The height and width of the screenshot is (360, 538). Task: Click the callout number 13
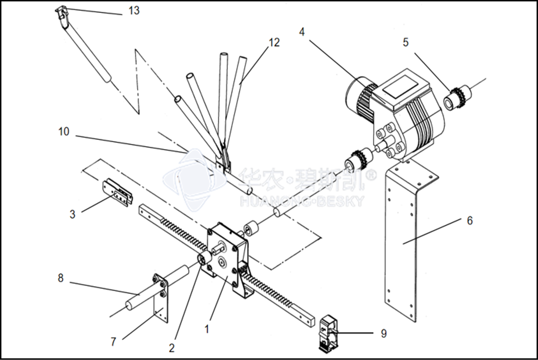pyautogui.click(x=134, y=10)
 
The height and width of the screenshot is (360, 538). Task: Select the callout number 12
pyautogui.click(x=274, y=43)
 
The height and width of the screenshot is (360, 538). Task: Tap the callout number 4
pyautogui.click(x=302, y=32)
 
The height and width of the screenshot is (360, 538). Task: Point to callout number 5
pyautogui.click(x=406, y=43)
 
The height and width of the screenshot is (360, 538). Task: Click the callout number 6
pyautogui.click(x=470, y=221)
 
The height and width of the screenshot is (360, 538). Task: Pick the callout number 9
pyautogui.click(x=384, y=333)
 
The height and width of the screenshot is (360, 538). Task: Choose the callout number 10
pyautogui.click(x=64, y=132)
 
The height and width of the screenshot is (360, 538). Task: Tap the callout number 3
pyautogui.click(x=72, y=214)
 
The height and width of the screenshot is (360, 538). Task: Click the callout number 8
pyautogui.click(x=60, y=278)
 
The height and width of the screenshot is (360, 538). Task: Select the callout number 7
pyautogui.click(x=113, y=341)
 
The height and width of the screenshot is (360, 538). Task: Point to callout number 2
pyautogui.click(x=172, y=348)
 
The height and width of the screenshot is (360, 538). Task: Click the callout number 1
pyautogui.click(x=207, y=329)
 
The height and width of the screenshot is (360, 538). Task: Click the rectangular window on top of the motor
pyautogui.click(x=400, y=86)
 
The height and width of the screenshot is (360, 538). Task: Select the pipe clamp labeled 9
pyautogui.click(x=329, y=333)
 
